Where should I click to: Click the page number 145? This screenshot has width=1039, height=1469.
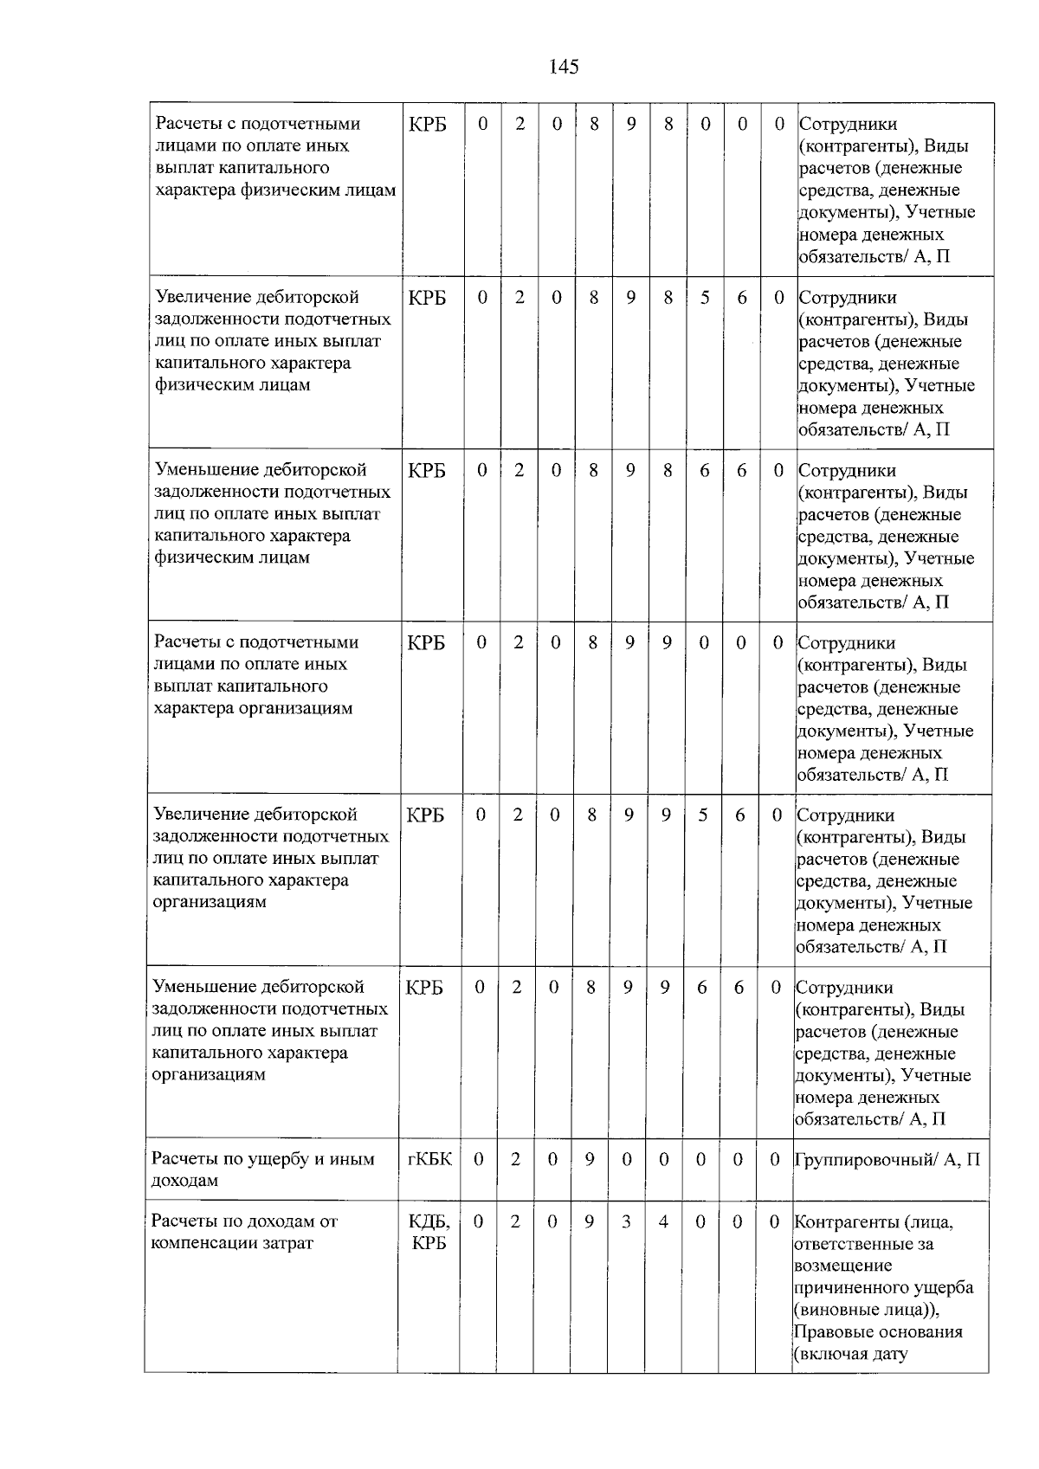point(564,67)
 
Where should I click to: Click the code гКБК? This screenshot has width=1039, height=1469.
point(429,1158)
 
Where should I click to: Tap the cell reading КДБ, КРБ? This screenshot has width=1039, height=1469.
point(429,1233)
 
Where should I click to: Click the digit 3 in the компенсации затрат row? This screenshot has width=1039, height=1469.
point(626,1221)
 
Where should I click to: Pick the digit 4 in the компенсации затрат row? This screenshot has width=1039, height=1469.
point(663,1221)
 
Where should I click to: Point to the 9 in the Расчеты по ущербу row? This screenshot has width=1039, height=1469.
point(590,1158)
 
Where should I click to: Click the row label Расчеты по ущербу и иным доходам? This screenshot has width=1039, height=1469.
point(262,1169)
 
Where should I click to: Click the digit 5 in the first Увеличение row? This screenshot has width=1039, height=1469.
point(705,297)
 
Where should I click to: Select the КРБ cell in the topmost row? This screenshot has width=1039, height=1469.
point(428,124)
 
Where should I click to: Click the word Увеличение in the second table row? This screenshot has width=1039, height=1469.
point(203,297)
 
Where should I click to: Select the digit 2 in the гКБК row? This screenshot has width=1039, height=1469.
point(515,1158)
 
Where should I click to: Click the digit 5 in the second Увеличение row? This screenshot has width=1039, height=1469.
point(703,815)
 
